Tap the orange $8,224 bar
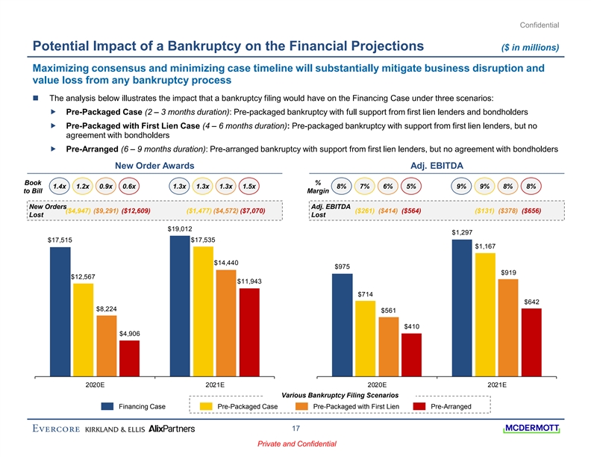106,346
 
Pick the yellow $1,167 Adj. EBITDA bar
485,314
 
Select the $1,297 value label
462,232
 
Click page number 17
295,429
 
